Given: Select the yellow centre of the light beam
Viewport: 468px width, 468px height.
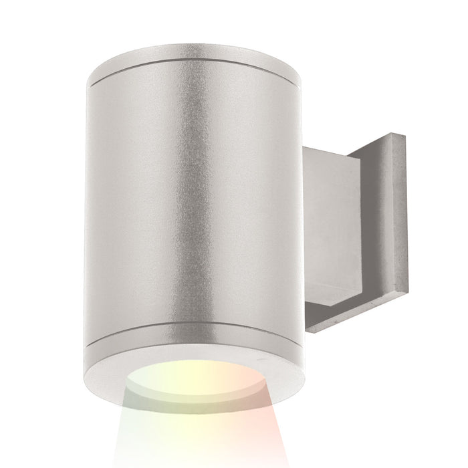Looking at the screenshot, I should [201, 401].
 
